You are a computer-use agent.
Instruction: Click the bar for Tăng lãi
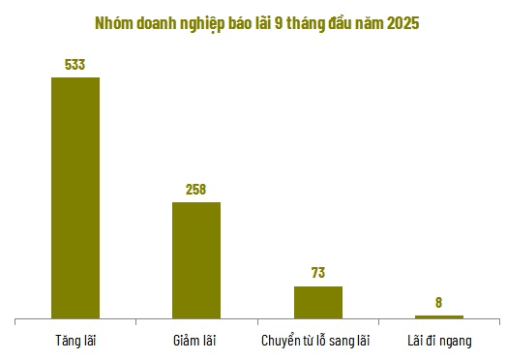[75, 196]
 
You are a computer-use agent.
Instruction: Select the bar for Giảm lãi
[196, 259]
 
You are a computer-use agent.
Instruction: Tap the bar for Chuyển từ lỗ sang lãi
[318, 301]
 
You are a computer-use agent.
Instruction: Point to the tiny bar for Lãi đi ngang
[439, 316]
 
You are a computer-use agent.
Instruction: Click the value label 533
[75, 65]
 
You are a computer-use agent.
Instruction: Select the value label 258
[196, 190]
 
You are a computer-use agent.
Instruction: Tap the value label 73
[318, 273]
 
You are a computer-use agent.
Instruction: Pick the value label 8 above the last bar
[439, 302]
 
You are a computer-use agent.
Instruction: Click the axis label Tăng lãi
[75, 341]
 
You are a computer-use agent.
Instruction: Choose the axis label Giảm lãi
[196, 341]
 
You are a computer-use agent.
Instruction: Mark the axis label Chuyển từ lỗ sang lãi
[316, 341]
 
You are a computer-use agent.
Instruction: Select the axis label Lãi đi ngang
[439, 341]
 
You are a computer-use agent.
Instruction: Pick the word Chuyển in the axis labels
[282, 341]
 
